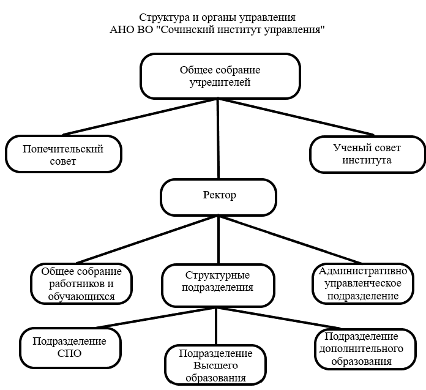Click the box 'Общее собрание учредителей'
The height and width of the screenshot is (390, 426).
(x=220, y=76)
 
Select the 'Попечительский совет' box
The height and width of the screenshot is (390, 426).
(x=63, y=155)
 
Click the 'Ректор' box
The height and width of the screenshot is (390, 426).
(x=219, y=196)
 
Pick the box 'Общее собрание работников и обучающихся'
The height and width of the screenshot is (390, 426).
(x=81, y=284)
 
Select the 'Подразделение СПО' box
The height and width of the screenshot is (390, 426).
(x=69, y=347)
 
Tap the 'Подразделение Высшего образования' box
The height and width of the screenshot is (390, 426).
(x=215, y=366)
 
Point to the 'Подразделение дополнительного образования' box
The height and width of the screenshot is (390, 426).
(x=361, y=349)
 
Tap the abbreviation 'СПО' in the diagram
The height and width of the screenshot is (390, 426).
(x=69, y=353)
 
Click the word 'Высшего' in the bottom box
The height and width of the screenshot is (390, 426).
(x=215, y=366)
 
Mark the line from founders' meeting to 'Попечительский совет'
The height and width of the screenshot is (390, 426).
(x=141, y=116)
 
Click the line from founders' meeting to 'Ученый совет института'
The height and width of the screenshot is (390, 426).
(x=297, y=116)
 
